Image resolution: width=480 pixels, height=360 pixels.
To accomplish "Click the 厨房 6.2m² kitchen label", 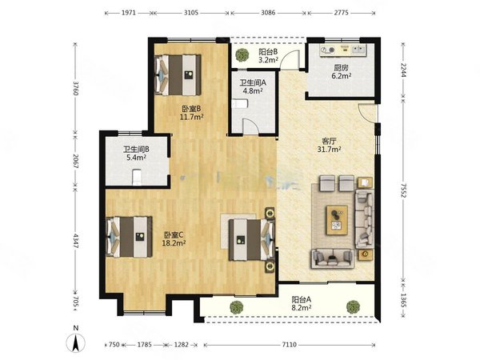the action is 342,72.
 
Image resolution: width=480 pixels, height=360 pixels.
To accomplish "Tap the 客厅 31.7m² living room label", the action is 330,145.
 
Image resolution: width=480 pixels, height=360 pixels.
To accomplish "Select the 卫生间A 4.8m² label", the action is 253,86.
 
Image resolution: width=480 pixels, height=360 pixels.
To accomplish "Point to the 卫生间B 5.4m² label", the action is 136,154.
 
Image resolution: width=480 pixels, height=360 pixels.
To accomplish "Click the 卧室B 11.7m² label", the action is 192,113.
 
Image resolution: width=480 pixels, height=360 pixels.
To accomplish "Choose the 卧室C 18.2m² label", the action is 174,239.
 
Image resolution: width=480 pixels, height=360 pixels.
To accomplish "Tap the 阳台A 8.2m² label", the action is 302,303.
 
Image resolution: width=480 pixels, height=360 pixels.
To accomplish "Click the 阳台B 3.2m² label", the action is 268,55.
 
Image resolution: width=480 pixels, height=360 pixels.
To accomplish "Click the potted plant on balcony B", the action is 242,54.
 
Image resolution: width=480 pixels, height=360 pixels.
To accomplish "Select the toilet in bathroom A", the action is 240,104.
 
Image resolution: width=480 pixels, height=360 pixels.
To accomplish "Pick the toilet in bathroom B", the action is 137,178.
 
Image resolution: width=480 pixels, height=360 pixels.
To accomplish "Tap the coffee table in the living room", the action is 337,220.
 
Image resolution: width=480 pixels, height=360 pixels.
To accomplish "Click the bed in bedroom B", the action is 178,75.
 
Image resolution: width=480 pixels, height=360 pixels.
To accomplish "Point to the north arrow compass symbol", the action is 76,342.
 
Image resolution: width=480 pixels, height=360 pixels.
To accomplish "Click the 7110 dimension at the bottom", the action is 289,345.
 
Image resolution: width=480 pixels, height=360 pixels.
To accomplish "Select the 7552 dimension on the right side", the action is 403,190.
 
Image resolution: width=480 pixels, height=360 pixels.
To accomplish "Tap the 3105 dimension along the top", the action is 191,13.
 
